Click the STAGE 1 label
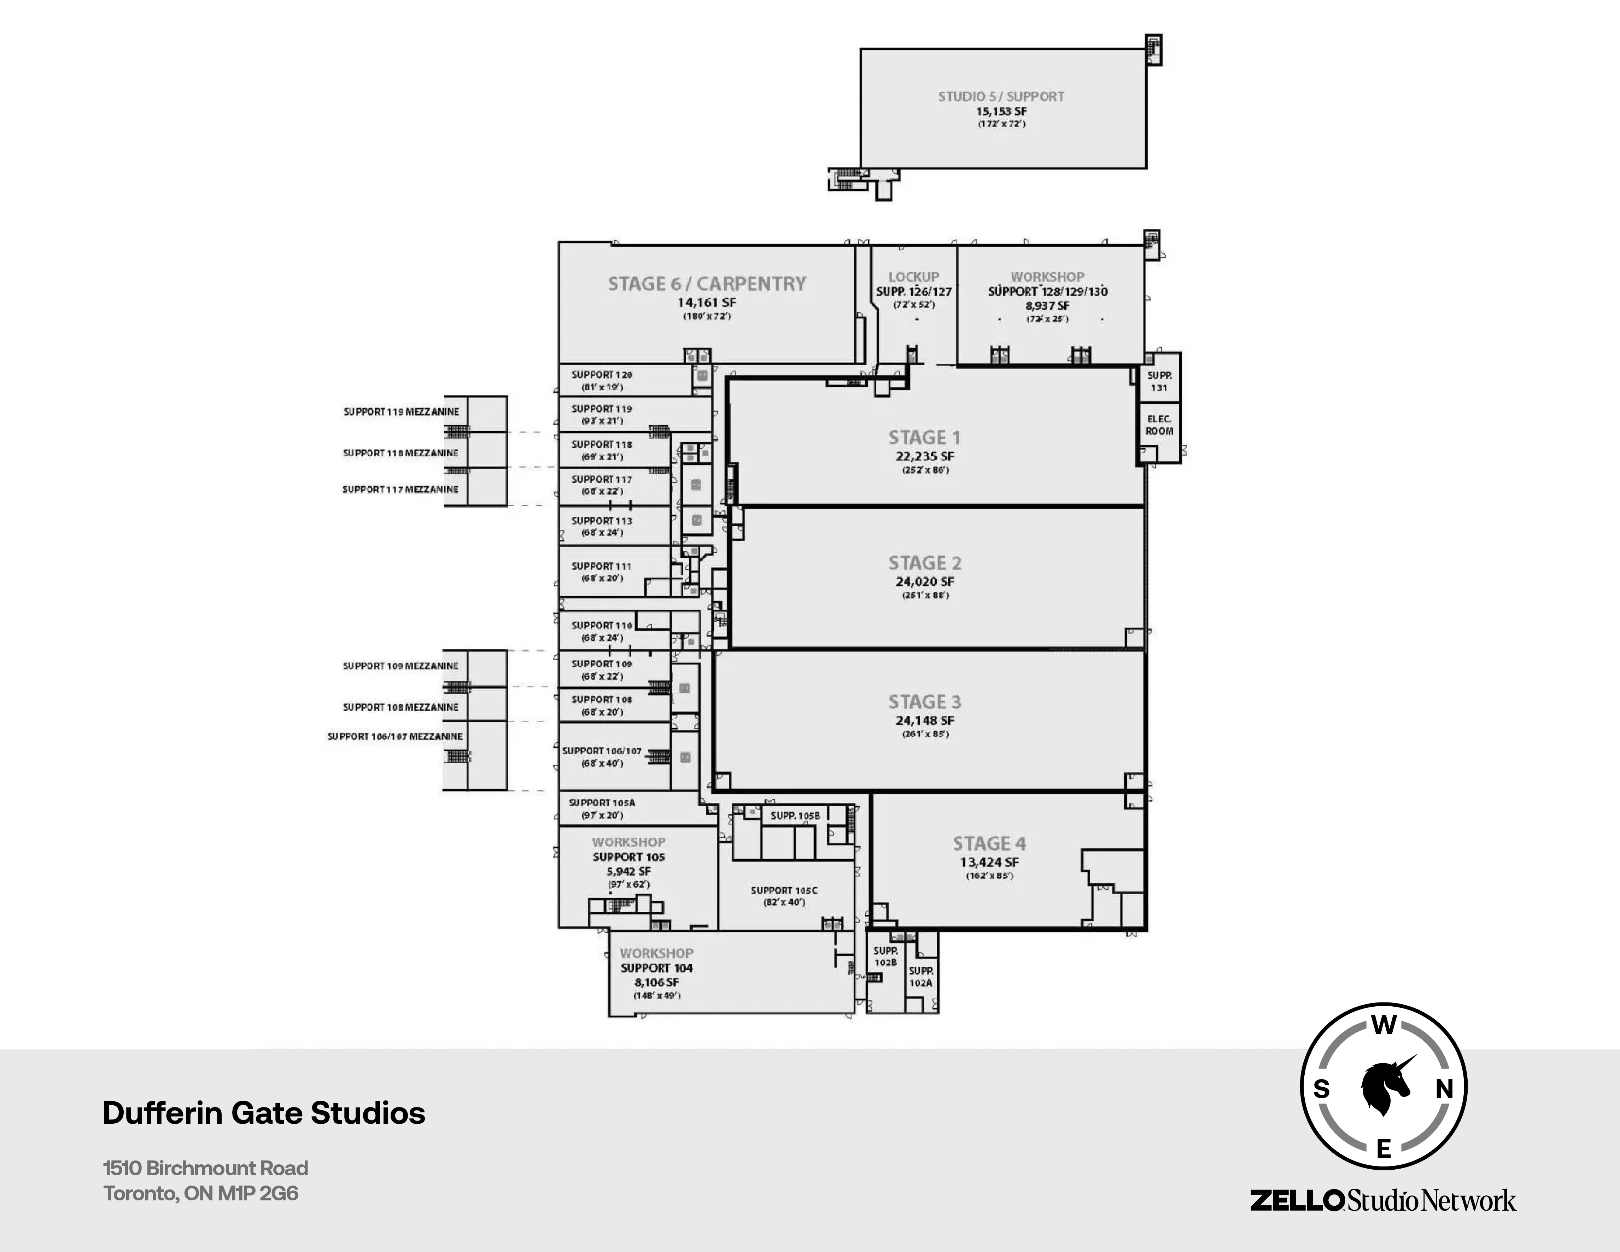[924, 438]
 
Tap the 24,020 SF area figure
[924, 581]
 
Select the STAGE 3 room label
[924, 702]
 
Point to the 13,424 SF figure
[989, 862]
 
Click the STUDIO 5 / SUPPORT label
[1001, 96]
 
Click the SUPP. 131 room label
[1159, 381]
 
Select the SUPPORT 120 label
[602, 375]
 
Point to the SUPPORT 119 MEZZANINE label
[400, 412]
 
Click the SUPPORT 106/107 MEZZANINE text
[394, 737]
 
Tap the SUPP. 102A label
[920, 976]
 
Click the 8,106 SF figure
[656, 982]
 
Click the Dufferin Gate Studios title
[263, 1113]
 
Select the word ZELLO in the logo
[1297, 1200]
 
